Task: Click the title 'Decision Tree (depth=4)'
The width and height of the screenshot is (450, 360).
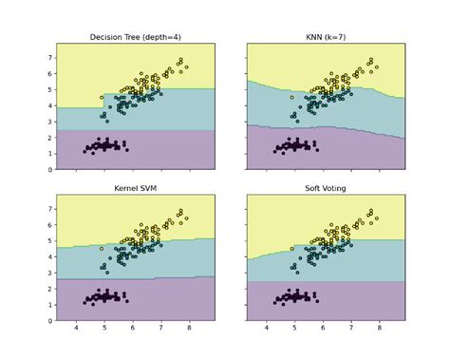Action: [x=136, y=37]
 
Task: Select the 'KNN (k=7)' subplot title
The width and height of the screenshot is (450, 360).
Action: [x=326, y=37]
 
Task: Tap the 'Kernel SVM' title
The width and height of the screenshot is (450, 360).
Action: [x=136, y=189]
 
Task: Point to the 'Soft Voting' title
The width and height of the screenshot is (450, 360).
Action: [x=326, y=189]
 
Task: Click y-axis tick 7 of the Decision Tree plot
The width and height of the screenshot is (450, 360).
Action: [x=50, y=57]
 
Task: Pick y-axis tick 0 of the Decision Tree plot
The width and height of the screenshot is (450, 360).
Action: [x=50, y=170]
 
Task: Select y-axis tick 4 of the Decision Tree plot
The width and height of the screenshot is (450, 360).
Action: [x=50, y=105]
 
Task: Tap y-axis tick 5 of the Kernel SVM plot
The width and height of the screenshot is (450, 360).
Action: [x=50, y=241]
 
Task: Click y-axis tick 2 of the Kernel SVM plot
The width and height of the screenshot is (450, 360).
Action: [x=50, y=290]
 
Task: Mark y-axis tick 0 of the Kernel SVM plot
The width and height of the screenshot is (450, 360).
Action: [x=50, y=322]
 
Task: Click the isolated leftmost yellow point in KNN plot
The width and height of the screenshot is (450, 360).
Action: [x=292, y=97]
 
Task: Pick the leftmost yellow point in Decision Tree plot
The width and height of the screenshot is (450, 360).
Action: [x=102, y=97]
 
